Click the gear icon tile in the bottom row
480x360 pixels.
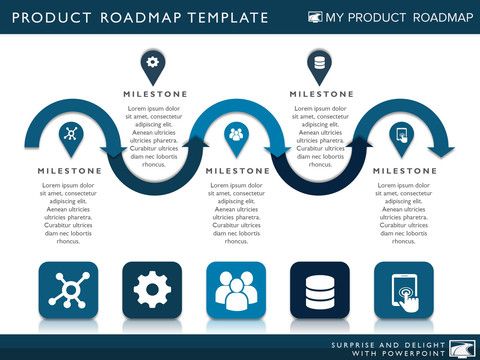[153, 291]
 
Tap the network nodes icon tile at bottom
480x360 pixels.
[69, 291]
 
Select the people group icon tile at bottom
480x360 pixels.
[236, 291]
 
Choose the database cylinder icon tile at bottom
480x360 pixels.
[319, 291]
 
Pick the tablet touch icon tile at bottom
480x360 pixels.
[403, 291]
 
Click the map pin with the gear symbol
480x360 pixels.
[152, 63]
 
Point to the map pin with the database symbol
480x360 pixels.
[319, 63]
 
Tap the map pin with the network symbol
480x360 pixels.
[69, 133]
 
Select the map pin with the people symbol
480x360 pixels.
[236, 133]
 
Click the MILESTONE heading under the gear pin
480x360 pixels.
[153, 94]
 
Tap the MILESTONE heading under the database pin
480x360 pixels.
[321, 94]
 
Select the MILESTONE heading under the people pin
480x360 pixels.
[237, 171]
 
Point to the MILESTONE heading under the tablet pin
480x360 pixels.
[404, 171]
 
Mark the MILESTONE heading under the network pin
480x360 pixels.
[69, 171]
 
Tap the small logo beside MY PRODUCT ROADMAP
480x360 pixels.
[315, 18]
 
